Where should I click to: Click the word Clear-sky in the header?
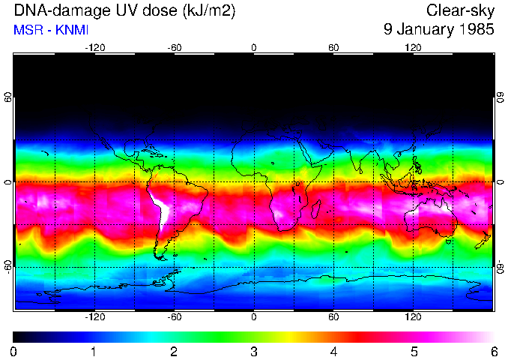click(x=461, y=10)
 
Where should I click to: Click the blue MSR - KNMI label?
click(x=51, y=30)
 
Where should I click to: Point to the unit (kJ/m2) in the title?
click(x=205, y=10)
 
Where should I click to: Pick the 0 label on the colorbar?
click(x=13, y=351)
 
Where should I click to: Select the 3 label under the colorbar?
click(x=254, y=351)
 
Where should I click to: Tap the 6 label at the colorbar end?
click(x=494, y=351)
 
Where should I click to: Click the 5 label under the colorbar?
click(x=414, y=351)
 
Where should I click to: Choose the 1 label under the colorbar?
click(x=94, y=351)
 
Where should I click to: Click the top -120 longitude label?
click(x=94, y=47)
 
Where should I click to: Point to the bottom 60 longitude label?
click(x=333, y=317)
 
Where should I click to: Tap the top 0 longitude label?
click(x=254, y=47)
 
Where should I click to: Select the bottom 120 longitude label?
click(x=414, y=317)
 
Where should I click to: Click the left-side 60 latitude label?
click(x=7, y=98)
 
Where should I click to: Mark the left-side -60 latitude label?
click(x=7, y=266)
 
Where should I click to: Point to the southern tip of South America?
click(x=162, y=257)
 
